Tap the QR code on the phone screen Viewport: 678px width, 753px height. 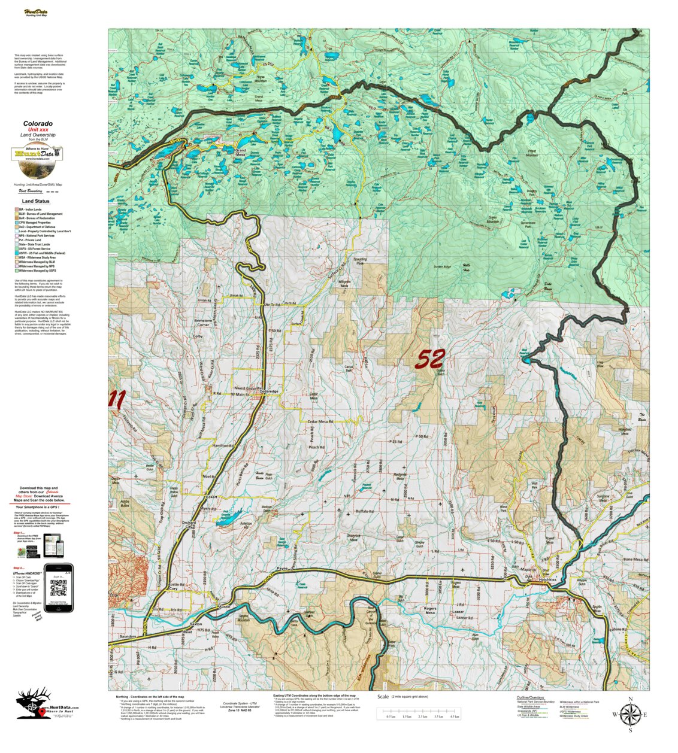59,589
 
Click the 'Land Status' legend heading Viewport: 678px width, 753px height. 34,201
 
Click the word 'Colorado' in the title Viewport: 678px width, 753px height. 38,124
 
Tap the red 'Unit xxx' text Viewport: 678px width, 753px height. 38,130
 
